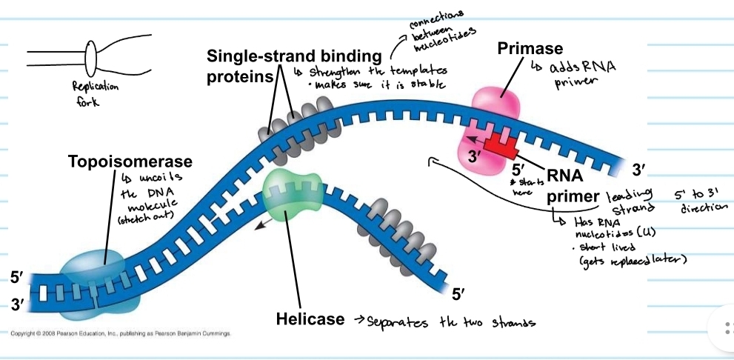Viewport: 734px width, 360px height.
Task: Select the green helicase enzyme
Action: (x=293, y=196)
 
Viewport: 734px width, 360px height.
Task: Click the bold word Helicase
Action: (x=310, y=319)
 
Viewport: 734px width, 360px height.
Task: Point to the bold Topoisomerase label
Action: (x=130, y=161)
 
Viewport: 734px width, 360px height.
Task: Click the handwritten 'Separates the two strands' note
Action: (x=445, y=321)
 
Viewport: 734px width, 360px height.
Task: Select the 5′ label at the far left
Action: (x=17, y=278)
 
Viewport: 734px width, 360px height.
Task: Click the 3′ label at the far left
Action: (x=17, y=304)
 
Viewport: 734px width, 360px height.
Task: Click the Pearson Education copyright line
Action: (x=119, y=334)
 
